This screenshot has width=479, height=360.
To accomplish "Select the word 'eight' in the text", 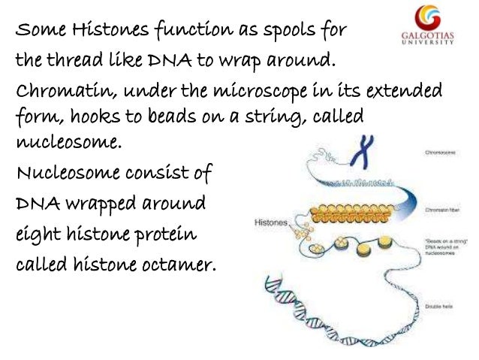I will pos(35,234).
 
